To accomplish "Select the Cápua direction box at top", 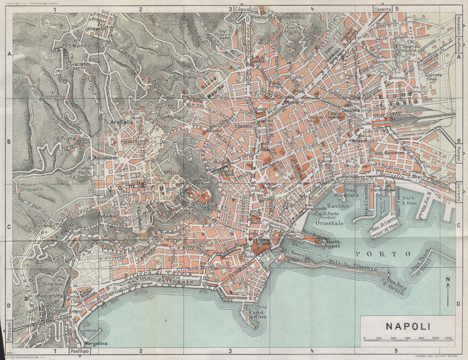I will [x=242, y=9].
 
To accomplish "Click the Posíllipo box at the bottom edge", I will [x=80, y=351].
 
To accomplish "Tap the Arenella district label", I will [x=118, y=122].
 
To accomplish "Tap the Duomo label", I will [x=315, y=117].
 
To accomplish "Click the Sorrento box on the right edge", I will [x=458, y=192].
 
